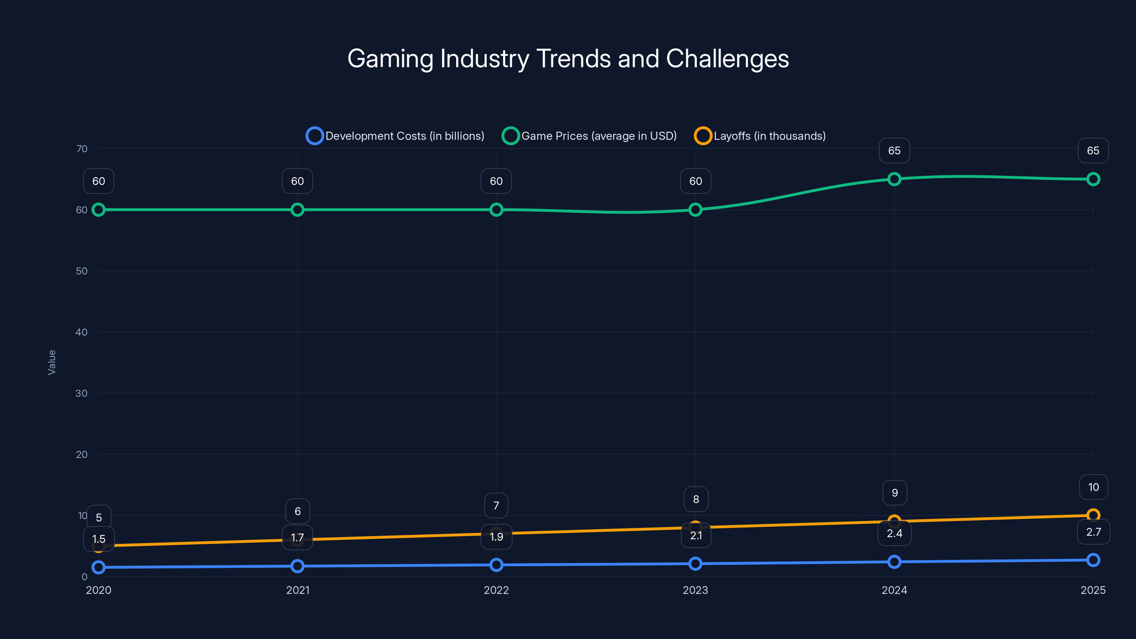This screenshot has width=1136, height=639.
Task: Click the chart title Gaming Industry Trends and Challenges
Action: [568, 59]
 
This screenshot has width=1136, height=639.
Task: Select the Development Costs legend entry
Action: [395, 136]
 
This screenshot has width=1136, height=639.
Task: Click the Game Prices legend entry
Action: [590, 136]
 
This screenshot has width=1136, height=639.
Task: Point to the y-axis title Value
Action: [51, 362]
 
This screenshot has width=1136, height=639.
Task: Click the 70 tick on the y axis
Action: [82, 149]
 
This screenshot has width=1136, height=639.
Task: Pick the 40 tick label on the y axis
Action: [82, 332]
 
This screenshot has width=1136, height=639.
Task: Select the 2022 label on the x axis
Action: [496, 590]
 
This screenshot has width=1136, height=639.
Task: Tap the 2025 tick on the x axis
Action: [1093, 590]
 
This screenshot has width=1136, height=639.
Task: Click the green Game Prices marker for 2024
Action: [894, 179]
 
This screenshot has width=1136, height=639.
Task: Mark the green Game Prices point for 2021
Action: [297, 209]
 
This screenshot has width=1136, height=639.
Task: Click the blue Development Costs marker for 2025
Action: [1093, 560]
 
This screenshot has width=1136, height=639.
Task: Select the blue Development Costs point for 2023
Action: [695, 564]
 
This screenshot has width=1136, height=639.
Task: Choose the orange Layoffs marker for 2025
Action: [1093, 515]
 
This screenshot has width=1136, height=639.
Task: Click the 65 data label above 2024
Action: [894, 151]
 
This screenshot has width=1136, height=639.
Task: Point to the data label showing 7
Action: [496, 506]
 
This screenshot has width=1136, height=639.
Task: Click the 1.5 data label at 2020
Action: [99, 539]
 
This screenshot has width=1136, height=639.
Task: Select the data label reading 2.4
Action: [894, 534]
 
